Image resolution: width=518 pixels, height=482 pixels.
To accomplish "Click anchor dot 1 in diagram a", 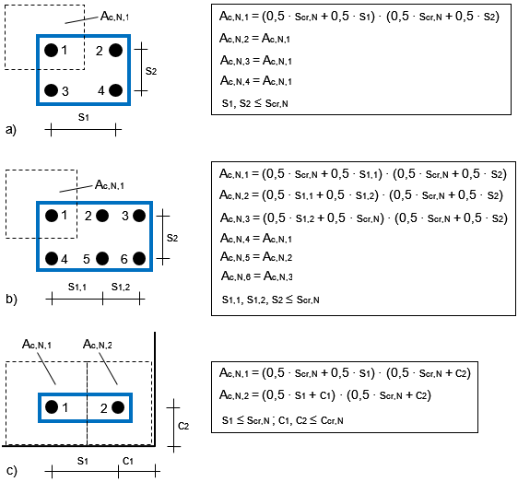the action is coord(52,50).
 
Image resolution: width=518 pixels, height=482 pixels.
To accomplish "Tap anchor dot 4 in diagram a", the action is coord(115,90).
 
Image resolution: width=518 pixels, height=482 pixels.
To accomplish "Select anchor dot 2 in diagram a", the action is coord(115,50).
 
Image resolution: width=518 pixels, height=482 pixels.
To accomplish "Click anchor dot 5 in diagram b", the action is coord(102,258).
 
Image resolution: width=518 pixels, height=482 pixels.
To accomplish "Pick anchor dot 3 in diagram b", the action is coord(139,216).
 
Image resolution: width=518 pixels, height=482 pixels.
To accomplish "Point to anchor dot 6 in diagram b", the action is coord(139,258).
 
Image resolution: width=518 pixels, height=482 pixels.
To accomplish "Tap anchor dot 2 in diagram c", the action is coord(118,407).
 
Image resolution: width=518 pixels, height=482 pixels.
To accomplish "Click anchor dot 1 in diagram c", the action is coord(52,407).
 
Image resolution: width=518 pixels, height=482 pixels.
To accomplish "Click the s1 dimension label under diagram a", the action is coord(84,117).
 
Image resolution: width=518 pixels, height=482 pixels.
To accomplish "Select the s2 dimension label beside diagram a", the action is coord(151,71).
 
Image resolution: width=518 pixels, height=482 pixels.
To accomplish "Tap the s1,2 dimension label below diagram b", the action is coord(121,287).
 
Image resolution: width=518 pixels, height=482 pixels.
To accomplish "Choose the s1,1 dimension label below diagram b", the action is coord(77,287).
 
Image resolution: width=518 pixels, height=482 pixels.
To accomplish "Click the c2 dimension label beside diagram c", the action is coord(183,426).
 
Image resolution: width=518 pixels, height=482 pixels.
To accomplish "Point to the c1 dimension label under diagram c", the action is coord(128,461).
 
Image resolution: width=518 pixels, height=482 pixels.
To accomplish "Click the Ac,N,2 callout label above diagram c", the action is coord(98,345).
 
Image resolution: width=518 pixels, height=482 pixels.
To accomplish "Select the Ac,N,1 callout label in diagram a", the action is coord(114,16).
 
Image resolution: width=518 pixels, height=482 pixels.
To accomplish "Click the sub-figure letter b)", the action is coord(11,299).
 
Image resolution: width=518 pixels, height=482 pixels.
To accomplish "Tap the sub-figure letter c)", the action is coord(11,470).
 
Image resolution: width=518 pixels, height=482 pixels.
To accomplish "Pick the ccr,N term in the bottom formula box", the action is coord(332,420).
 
